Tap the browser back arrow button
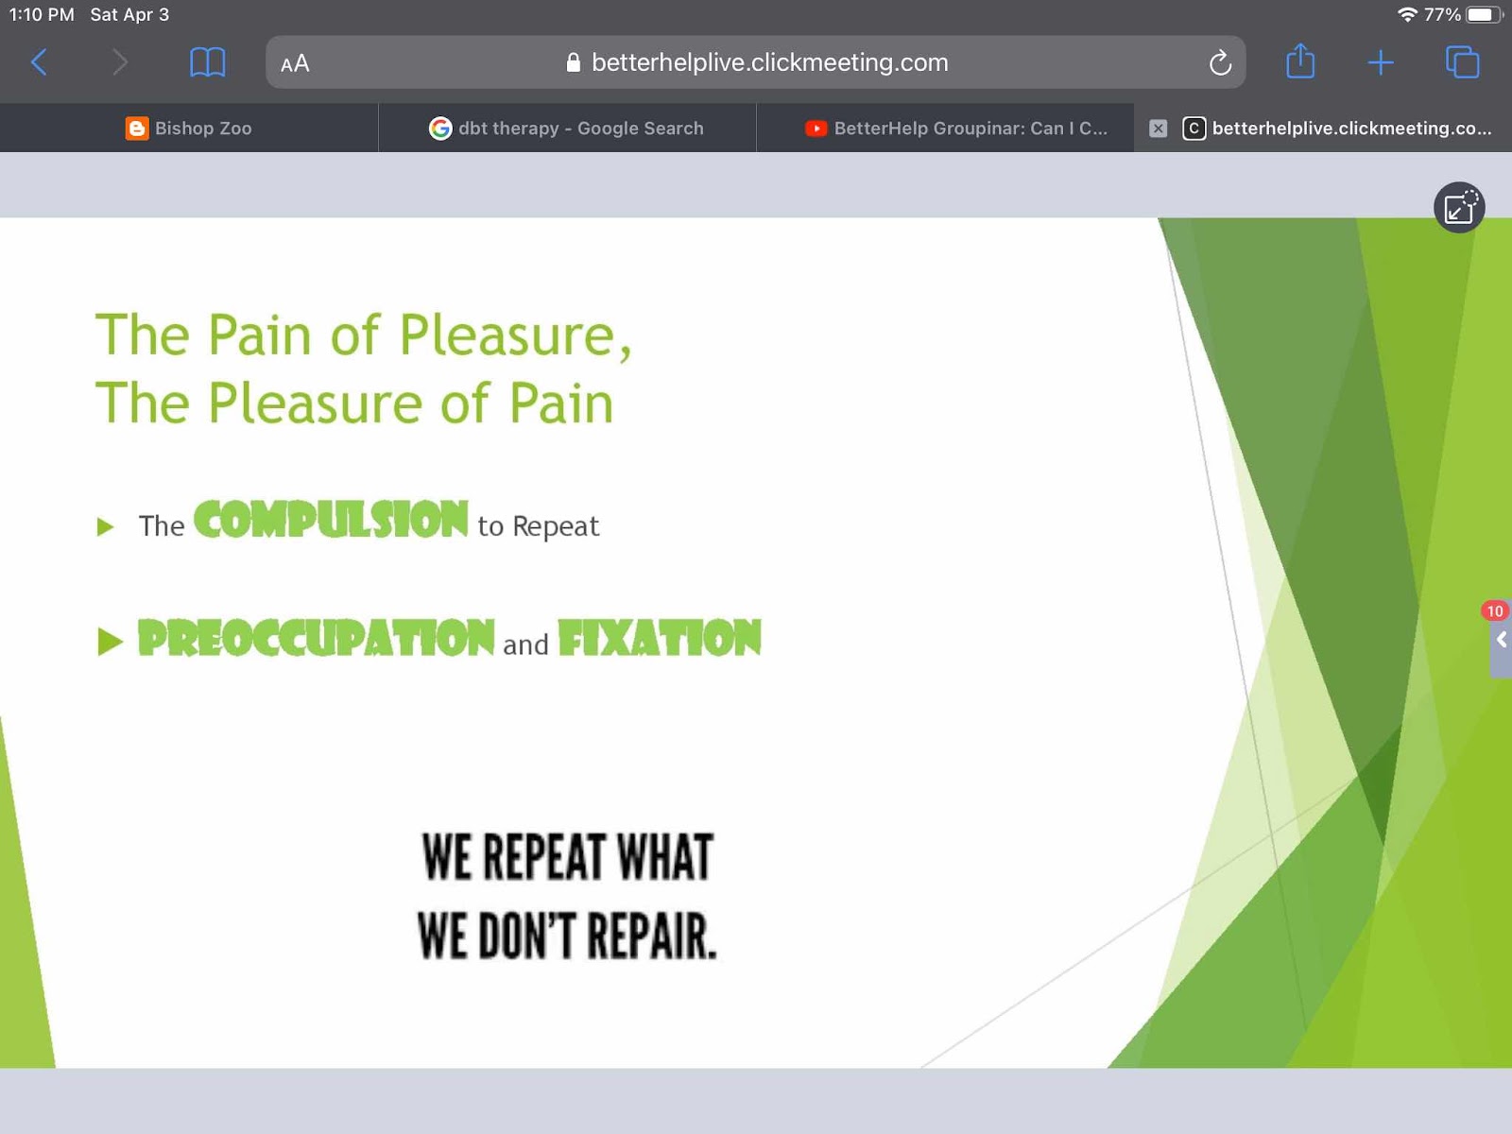[40, 62]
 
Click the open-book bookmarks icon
[207, 62]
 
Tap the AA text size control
[295, 63]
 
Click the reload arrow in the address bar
[1220, 62]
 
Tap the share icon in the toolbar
[1300, 61]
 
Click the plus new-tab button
[1381, 62]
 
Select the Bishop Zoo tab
[189, 129]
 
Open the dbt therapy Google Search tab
[566, 129]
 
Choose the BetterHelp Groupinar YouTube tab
[956, 129]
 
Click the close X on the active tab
[1158, 129]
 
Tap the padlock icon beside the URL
[573, 62]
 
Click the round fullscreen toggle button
[1459, 207]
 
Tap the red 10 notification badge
[1494, 610]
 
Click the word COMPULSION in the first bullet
[332, 519]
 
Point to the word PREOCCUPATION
[317, 638]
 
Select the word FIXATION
[660, 638]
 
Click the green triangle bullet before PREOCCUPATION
[111, 642]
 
